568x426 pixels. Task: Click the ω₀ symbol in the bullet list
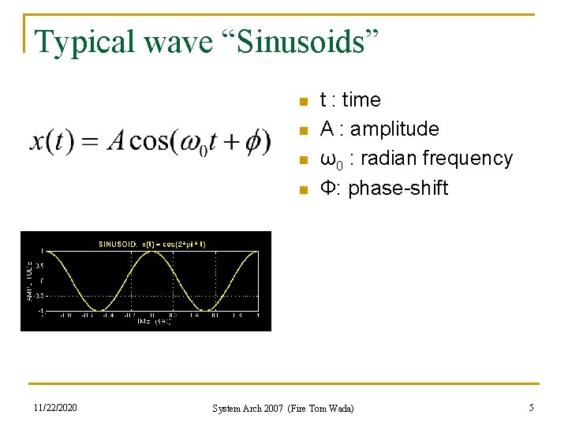pos(328,159)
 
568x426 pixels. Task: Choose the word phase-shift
pos(398,189)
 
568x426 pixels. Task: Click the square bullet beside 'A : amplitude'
pos(301,130)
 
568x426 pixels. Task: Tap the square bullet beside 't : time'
pos(301,101)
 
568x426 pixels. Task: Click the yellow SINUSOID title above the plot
pos(151,244)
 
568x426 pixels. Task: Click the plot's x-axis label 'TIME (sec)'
pos(153,322)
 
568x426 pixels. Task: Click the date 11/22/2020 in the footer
pos(55,408)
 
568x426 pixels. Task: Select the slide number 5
pos(531,408)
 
